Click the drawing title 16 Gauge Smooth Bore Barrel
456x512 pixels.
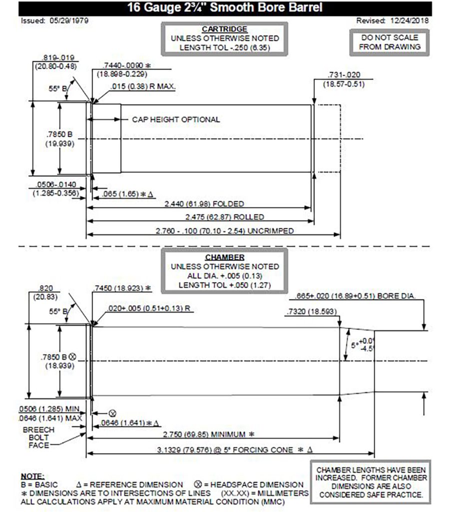pyautogui.click(x=225, y=8)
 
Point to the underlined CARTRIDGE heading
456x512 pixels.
pyautogui.click(x=225, y=29)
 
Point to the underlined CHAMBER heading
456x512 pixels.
pyautogui.click(x=224, y=257)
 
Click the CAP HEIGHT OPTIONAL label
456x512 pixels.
pyautogui.click(x=175, y=120)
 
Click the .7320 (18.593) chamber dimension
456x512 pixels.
pyautogui.click(x=312, y=312)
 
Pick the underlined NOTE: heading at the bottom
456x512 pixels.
pyautogui.click(x=32, y=475)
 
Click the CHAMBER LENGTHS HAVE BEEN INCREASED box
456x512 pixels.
pyautogui.click(x=371, y=482)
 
